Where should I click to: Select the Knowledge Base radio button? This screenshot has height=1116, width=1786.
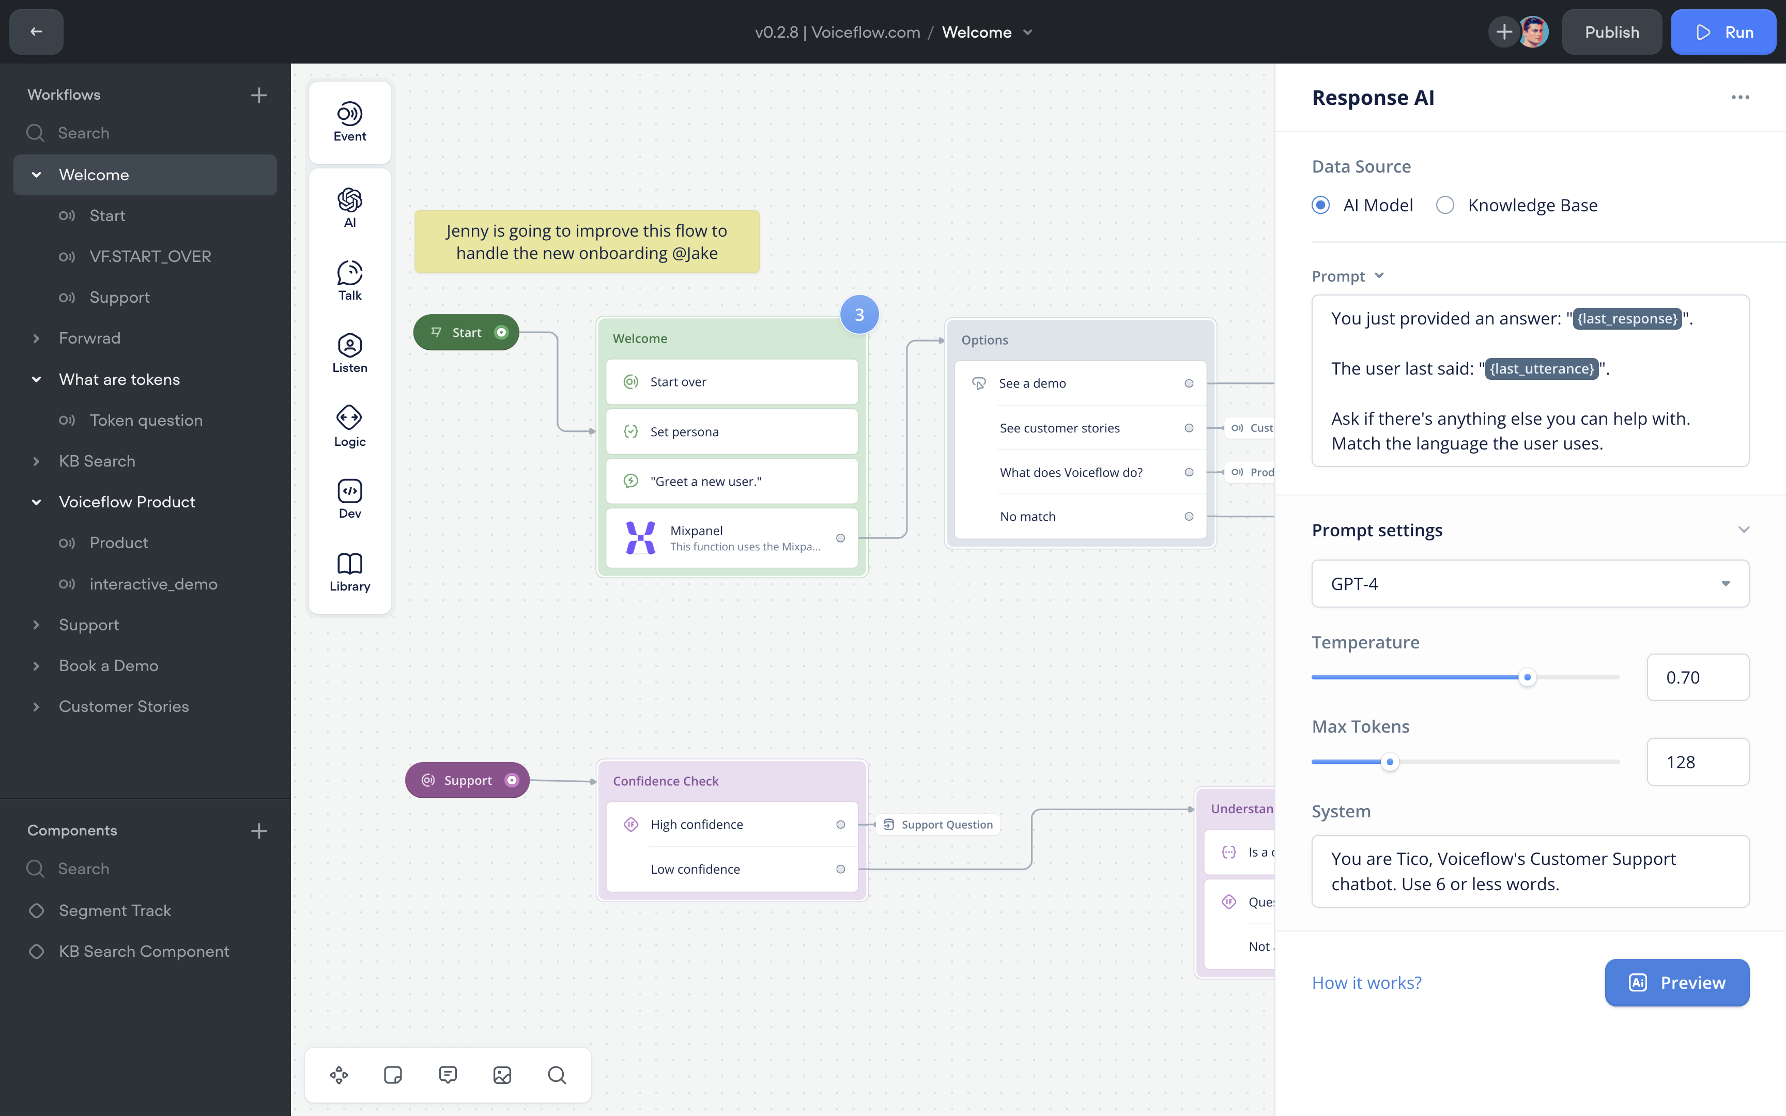[1445, 205]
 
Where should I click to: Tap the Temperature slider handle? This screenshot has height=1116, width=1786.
[1527, 677]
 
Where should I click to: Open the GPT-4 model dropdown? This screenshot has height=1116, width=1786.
[1529, 584]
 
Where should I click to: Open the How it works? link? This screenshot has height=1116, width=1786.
[1366, 982]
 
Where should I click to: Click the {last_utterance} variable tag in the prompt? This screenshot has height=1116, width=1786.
[1541, 368]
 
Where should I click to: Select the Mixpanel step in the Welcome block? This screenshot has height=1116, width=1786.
[731, 538]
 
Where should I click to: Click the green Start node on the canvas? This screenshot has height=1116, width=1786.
[466, 332]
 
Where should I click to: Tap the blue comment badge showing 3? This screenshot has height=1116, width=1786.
[859, 315]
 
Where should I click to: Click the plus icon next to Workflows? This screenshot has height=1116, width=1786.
[258, 95]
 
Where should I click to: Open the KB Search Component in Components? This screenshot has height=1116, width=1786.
[144, 951]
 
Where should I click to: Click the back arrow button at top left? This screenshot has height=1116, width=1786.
[36, 32]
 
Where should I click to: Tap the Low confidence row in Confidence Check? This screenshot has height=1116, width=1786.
[731, 869]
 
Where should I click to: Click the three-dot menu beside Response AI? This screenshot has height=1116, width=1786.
[1739, 98]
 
